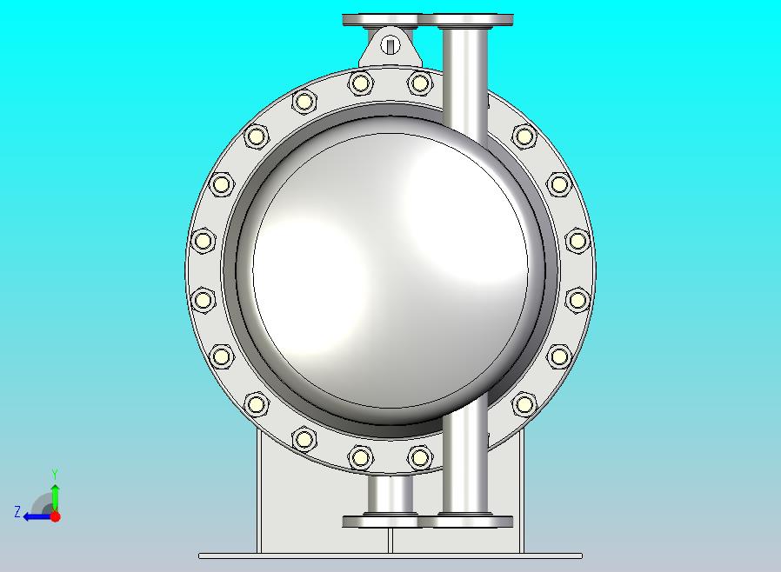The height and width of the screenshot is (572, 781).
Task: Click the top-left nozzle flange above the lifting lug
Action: (x=379, y=20)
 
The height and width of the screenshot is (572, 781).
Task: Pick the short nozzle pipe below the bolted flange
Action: (x=390, y=496)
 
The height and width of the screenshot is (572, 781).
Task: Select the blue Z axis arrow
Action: (x=35, y=516)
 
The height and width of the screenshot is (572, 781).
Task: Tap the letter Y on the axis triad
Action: (x=55, y=474)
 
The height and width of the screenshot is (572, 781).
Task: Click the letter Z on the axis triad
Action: (x=17, y=513)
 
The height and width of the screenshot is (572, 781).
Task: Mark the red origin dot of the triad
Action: (x=55, y=516)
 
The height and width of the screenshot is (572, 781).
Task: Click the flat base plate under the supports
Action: (x=390, y=555)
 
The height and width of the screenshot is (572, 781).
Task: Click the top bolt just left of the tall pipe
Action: (x=419, y=83)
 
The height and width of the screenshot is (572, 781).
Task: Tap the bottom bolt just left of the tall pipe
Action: (x=419, y=456)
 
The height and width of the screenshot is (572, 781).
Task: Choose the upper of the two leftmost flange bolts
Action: (x=203, y=241)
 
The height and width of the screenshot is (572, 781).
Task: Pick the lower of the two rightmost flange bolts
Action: (x=577, y=300)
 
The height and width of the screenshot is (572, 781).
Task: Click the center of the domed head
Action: (x=390, y=269)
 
